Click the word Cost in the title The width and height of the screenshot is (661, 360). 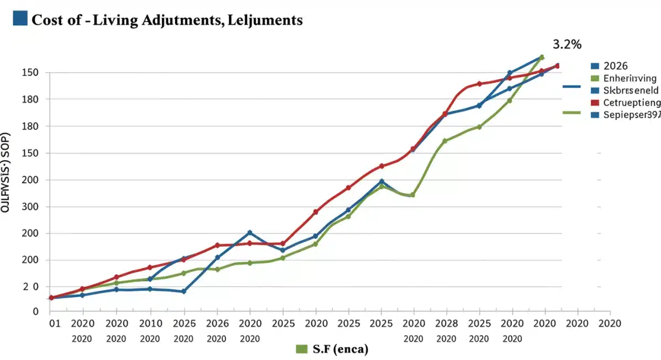[x=47, y=20]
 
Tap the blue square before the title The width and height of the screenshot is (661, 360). [x=19, y=18]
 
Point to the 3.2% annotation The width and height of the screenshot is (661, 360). [x=567, y=45]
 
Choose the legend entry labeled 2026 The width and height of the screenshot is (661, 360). [x=616, y=65]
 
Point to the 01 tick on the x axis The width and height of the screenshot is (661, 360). [x=53, y=323]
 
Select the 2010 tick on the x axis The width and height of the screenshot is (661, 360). [x=150, y=323]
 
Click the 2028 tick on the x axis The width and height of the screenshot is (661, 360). [x=445, y=323]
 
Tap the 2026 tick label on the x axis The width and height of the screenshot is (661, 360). [x=217, y=323]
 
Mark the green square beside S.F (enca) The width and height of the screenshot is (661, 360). [x=301, y=349]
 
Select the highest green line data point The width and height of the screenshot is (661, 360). [x=541, y=57]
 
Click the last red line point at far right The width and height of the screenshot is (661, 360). [x=557, y=66]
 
